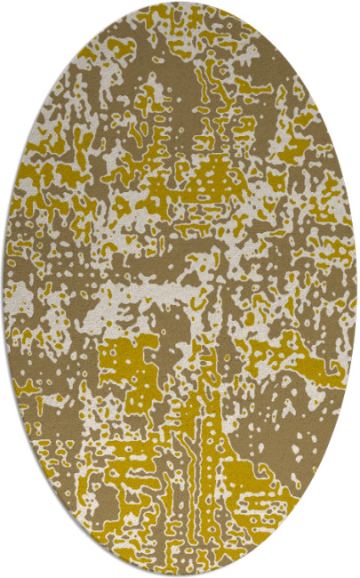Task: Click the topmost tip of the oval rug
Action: point(180,3)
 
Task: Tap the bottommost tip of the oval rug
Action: point(180,574)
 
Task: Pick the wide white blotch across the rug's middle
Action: point(178,293)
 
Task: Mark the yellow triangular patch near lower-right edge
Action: point(267,480)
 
